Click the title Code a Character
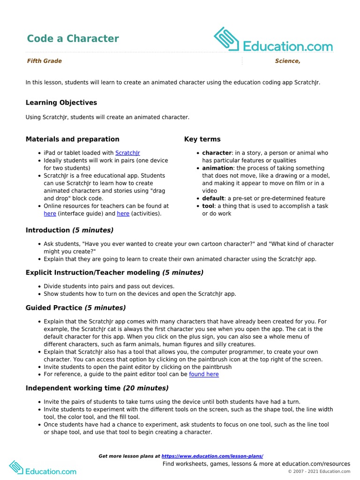tap(73, 38)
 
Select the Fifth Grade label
tap(44, 61)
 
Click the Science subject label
tap(287, 61)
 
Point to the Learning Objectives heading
tap(61, 103)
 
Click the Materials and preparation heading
tap(72, 139)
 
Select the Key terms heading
tap(202, 139)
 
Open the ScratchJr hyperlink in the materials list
tap(127, 153)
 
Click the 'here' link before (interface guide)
tap(50, 214)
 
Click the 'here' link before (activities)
tap(123, 214)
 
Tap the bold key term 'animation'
tap(217, 168)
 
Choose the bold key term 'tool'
tap(209, 206)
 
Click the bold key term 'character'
tap(217, 153)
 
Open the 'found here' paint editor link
tap(203, 375)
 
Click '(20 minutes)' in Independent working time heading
tap(146, 388)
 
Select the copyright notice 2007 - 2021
tap(319, 472)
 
